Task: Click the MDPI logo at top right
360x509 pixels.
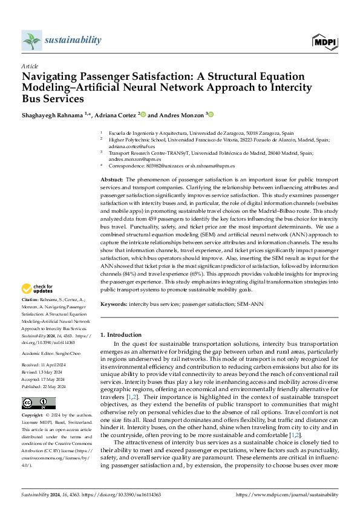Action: click(324, 41)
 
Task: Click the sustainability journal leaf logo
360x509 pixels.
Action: click(31, 41)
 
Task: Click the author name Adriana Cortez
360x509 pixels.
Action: click(116, 114)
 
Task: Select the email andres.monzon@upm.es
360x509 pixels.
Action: click(133, 159)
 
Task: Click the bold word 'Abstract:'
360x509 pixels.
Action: click(112, 180)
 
